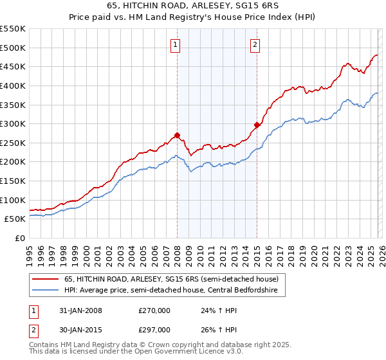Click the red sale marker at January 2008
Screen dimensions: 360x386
click(177, 136)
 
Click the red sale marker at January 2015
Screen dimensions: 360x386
click(257, 125)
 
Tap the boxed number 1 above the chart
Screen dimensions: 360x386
click(176, 44)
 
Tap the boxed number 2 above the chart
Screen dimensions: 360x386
click(255, 44)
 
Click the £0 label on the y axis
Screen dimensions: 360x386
click(19, 238)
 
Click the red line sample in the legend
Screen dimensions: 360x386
click(46, 279)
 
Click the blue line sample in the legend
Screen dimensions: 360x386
click(46, 290)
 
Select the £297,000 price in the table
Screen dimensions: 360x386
click(154, 330)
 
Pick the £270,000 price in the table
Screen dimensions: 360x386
click(154, 310)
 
